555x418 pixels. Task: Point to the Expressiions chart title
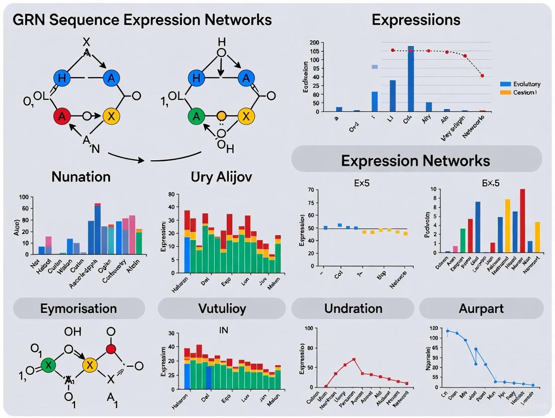pyautogui.click(x=416, y=20)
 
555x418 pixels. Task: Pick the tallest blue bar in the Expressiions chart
pyautogui.click(x=411, y=78)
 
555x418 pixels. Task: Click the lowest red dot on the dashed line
pyautogui.click(x=482, y=76)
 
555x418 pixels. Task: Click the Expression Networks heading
pyautogui.click(x=415, y=160)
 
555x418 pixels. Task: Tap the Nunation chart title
pyautogui.click(x=80, y=177)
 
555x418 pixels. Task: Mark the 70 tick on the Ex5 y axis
pyautogui.click(x=310, y=190)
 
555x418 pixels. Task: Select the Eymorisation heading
pyautogui.click(x=78, y=308)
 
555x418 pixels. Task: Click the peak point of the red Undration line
pyautogui.click(x=354, y=359)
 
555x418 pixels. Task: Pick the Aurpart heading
pyautogui.click(x=481, y=308)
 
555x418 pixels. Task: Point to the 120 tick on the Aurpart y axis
pyautogui.click(x=432, y=328)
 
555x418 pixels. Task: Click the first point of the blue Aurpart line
pyautogui.click(x=447, y=331)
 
